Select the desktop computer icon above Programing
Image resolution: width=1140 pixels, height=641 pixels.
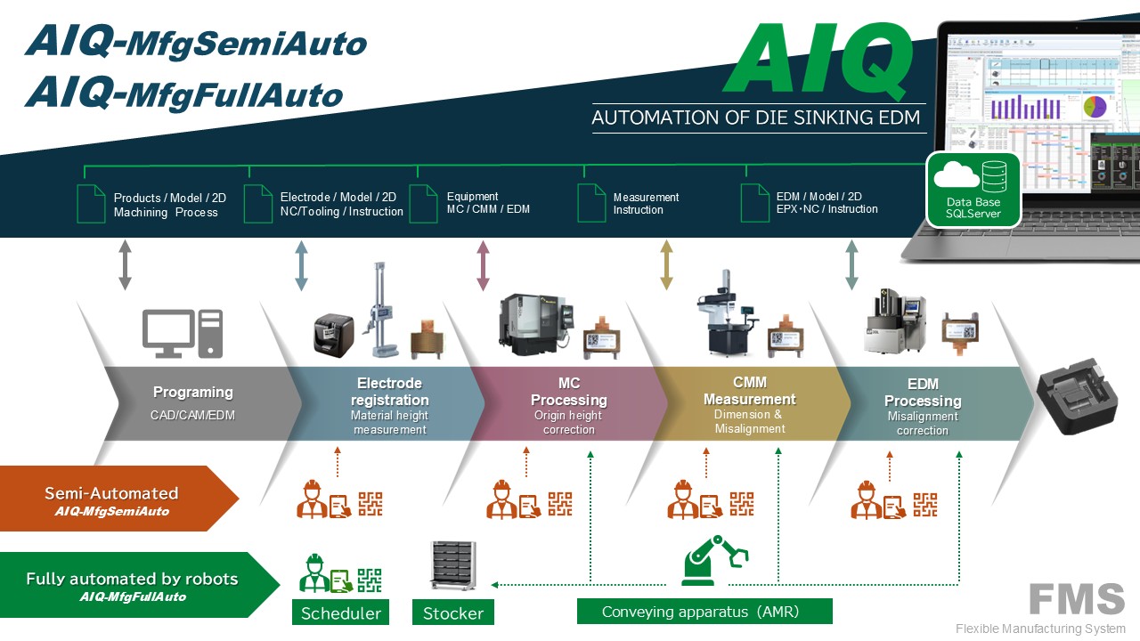point(183,334)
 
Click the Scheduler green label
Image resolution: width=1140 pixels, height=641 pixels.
point(340,613)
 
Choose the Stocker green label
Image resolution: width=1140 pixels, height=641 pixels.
point(453,613)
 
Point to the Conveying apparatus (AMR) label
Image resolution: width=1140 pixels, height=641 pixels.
point(704,612)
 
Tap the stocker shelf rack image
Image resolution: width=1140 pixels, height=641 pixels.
point(454,566)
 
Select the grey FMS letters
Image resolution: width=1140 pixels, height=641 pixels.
point(1077,599)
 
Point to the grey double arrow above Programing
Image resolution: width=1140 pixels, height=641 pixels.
point(125,265)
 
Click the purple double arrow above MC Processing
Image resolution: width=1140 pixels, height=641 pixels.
point(483,265)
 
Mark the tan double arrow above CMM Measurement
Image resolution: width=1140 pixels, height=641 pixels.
point(666,265)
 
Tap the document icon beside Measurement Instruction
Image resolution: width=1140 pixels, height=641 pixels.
point(591,203)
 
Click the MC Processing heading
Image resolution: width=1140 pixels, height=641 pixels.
point(569,393)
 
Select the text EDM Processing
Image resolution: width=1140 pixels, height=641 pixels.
point(922,393)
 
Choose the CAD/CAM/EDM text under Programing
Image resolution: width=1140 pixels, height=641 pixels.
point(192,415)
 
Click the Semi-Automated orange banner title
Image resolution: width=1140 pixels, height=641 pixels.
point(111,493)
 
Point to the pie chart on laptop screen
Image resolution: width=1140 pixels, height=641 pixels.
point(1094,107)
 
